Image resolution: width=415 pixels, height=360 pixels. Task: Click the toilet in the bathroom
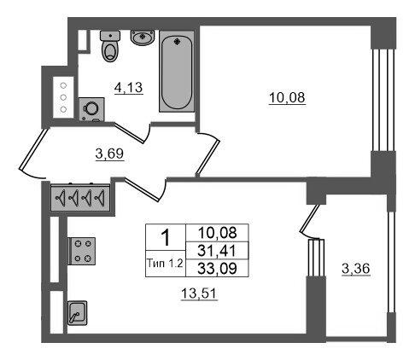point(110,46)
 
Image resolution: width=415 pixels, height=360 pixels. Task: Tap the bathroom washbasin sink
point(143,38)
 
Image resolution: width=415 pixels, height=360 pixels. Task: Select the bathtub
point(177,71)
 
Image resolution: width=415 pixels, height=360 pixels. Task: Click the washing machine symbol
point(91,109)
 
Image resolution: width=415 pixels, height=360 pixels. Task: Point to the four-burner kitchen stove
point(82,251)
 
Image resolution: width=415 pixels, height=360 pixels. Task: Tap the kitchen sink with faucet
point(77,313)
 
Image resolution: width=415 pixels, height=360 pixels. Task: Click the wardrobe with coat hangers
point(80,198)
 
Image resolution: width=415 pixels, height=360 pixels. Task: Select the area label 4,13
point(128,88)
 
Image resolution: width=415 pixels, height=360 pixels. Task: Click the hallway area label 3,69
point(109,154)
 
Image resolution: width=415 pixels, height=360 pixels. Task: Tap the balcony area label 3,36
point(356,269)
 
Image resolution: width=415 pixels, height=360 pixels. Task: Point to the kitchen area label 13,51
point(199,293)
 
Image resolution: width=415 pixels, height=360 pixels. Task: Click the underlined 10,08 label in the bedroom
point(287,97)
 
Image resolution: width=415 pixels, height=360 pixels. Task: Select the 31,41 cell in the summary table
point(217,251)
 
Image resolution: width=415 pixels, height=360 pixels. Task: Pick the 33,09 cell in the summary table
point(217,268)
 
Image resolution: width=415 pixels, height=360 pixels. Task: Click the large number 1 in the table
point(166,238)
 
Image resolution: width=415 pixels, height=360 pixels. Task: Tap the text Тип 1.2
point(165,264)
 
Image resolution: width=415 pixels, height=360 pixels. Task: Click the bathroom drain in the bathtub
point(177,42)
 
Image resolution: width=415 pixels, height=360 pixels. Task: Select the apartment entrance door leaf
point(32,149)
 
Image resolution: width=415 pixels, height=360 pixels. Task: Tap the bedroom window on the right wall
point(383,100)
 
